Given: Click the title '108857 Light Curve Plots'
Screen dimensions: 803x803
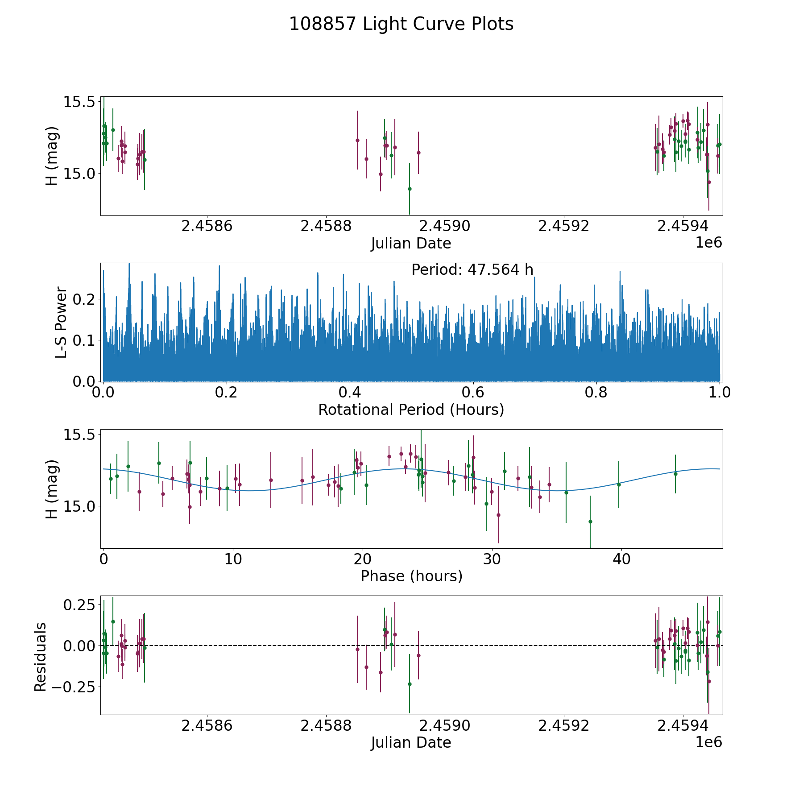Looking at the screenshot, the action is coord(401,24).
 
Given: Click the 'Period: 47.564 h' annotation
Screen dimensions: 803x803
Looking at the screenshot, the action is coord(472,270).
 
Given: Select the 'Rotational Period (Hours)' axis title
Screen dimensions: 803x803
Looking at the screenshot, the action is coord(411,410).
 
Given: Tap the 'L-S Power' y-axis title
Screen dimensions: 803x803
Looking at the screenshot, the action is coord(61,322).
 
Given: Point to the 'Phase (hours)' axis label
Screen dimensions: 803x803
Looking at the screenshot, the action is coord(411,576).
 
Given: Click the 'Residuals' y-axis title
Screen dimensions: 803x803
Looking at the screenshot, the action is coord(40,657).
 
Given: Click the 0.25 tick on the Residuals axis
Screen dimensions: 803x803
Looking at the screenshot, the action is coord(80,605).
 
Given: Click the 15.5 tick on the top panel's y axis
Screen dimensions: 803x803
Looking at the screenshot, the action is coord(80,102).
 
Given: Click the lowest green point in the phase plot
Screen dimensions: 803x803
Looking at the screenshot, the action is coord(590,522).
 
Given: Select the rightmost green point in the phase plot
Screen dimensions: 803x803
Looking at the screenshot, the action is coord(675,474).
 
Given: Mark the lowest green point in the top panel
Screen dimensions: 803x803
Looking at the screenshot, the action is coord(410,189).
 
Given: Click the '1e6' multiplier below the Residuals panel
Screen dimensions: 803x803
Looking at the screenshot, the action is coord(709,742).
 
